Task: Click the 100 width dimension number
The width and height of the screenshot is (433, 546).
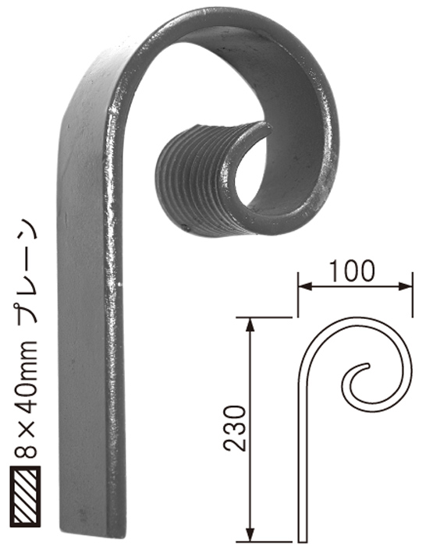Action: (352, 271)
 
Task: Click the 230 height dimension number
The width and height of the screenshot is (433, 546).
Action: (235, 428)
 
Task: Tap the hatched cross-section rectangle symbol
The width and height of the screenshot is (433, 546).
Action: (25, 496)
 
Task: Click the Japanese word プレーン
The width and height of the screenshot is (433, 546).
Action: (26, 275)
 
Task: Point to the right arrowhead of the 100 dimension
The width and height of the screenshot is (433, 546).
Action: (406, 286)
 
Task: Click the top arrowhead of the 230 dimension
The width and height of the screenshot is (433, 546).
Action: (250, 324)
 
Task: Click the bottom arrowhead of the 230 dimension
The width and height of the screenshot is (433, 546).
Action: (250, 535)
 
